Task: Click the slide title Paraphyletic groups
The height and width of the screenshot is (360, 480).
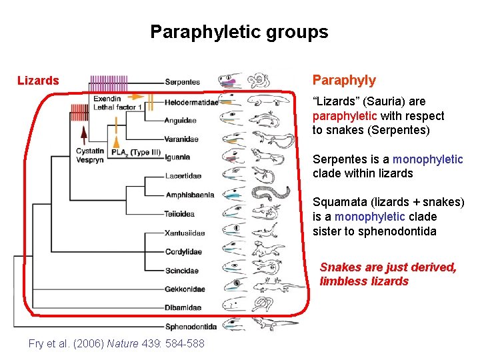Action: click(239, 32)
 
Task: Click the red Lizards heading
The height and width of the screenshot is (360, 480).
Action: click(38, 81)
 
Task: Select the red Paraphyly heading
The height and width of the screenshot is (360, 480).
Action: click(344, 81)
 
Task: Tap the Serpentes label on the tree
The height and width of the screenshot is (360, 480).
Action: click(183, 82)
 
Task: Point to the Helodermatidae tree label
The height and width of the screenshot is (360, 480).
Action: click(191, 103)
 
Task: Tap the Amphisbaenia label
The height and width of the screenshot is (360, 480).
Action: click(190, 195)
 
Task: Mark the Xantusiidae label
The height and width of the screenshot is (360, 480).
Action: click(185, 233)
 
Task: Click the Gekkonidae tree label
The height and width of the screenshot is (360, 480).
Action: click(185, 289)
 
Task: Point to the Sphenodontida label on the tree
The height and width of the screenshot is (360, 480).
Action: click(191, 327)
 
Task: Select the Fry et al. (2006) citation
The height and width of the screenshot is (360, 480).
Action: click(117, 343)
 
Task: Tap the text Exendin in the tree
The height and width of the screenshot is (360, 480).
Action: click(107, 99)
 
